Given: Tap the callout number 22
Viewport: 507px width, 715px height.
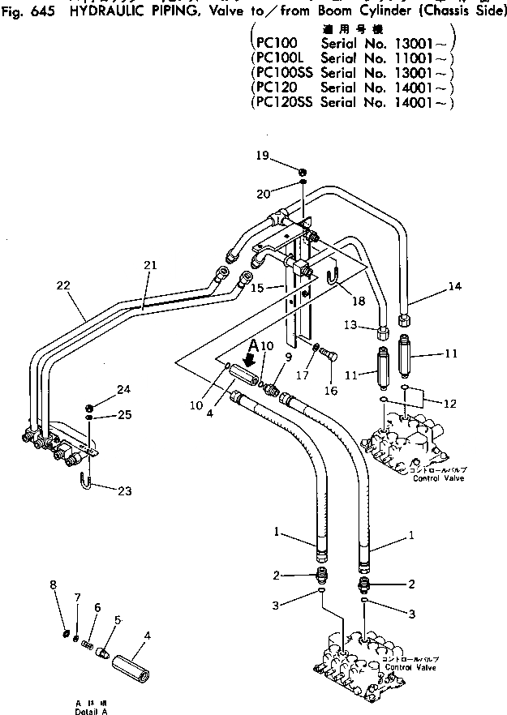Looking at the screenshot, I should pyautogui.click(x=64, y=285).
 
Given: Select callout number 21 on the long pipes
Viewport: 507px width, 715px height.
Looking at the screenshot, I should pyautogui.click(x=148, y=265).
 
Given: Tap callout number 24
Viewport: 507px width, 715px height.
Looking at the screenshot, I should pyautogui.click(x=123, y=389).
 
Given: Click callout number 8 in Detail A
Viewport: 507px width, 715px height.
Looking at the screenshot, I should pyautogui.click(x=54, y=584).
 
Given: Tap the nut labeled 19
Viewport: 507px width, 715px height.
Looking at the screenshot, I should pyautogui.click(x=303, y=171).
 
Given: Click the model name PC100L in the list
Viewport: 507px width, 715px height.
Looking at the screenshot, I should pyautogui.click(x=279, y=58).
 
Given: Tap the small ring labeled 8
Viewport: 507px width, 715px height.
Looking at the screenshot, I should pyautogui.click(x=65, y=632).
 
